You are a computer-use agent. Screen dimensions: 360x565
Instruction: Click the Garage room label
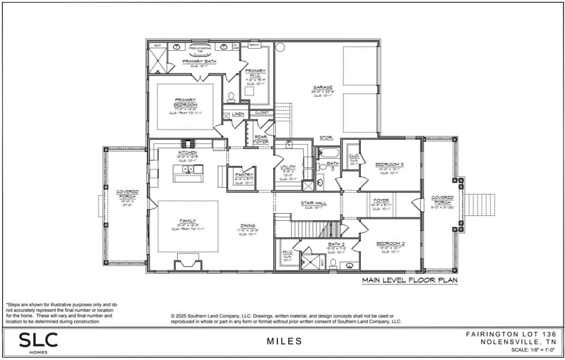tap(323, 88)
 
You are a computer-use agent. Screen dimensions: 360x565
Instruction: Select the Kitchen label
tap(187, 152)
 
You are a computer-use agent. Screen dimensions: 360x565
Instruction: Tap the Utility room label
tap(287, 168)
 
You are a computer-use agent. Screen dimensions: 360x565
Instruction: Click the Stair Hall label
tap(315, 203)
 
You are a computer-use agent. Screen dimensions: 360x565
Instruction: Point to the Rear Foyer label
tap(261, 139)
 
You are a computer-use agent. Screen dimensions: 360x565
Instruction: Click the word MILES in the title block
tap(285, 342)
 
